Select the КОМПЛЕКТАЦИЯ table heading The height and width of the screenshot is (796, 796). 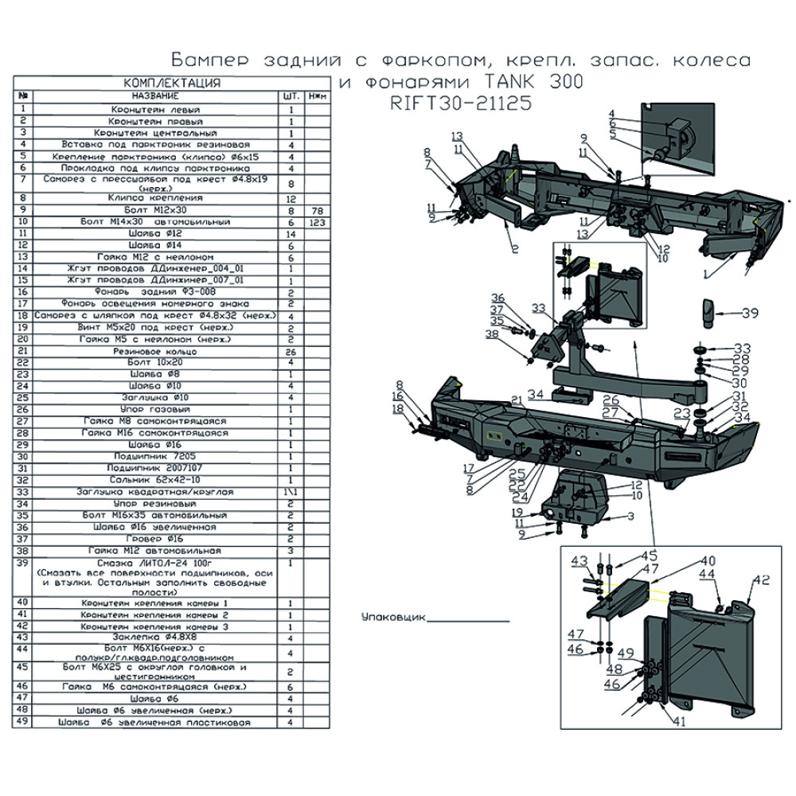(x=171, y=84)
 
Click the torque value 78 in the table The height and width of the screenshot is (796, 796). (x=317, y=209)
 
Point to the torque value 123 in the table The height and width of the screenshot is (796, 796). (x=317, y=221)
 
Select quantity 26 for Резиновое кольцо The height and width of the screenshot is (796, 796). (x=292, y=350)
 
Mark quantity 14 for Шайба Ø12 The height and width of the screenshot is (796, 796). (x=292, y=234)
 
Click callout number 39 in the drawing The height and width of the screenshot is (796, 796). (x=749, y=314)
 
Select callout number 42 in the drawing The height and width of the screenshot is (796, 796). (x=762, y=579)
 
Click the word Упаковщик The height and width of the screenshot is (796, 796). (x=392, y=617)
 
